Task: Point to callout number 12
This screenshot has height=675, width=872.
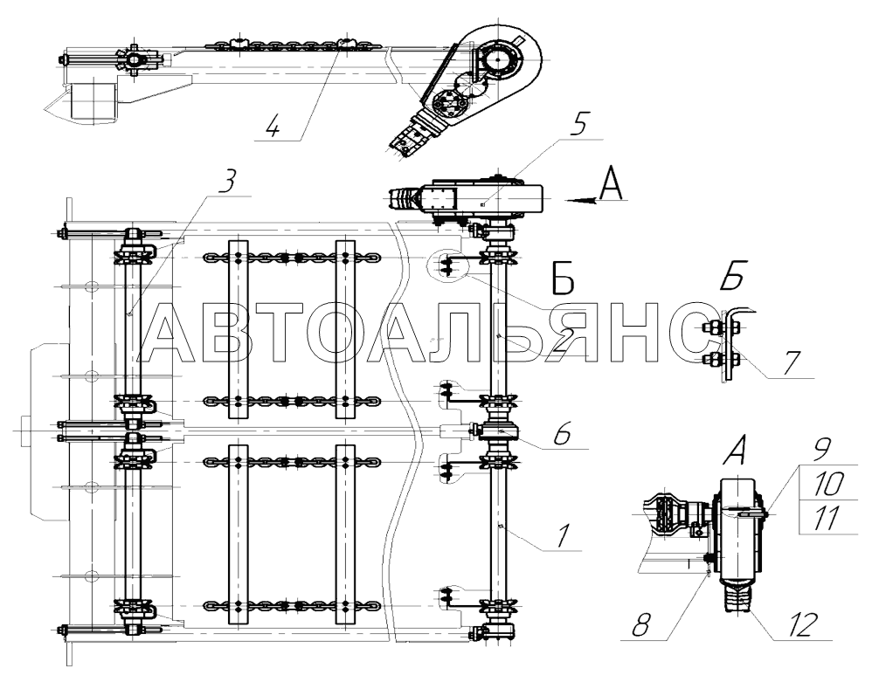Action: (x=803, y=624)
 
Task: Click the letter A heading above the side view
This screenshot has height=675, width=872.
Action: (x=737, y=456)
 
